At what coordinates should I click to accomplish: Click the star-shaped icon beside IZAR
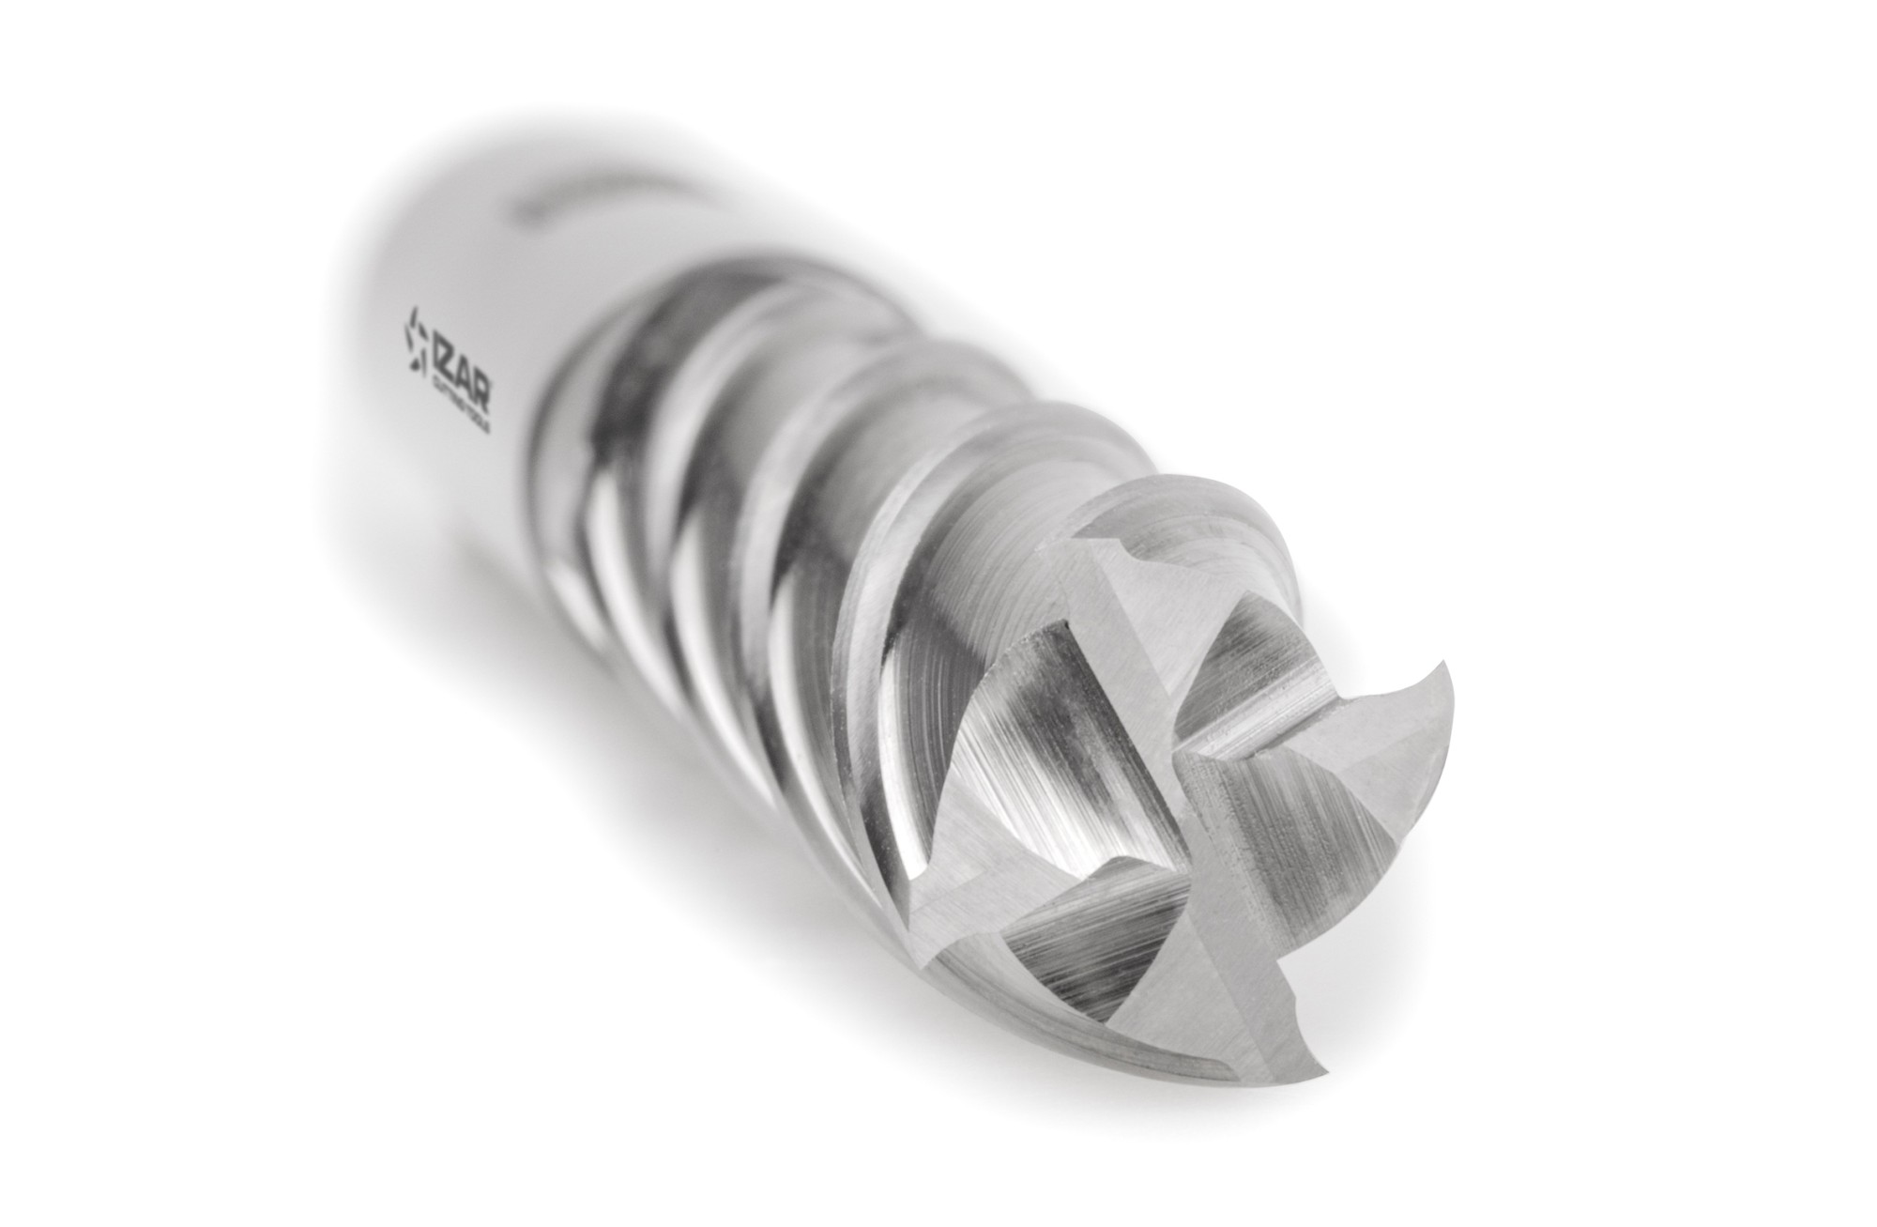(x=412, y=346)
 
